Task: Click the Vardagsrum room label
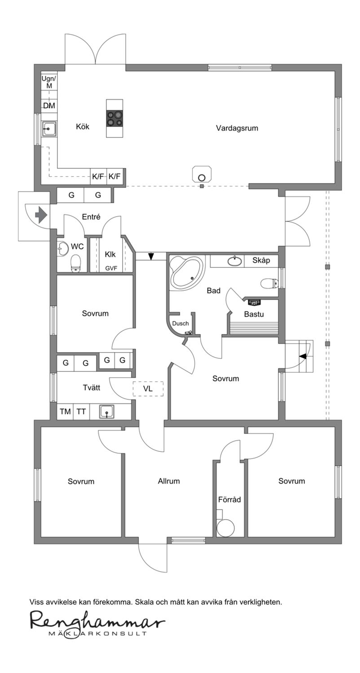coord(237,128)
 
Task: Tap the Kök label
coord(83,127)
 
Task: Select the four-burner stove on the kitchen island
coord(114,118)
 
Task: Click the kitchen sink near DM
coord(48,129)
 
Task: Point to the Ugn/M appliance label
coord(48,82)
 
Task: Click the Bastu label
coord(254,314)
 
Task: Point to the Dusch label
coord(180,323)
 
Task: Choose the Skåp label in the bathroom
coord(261,260)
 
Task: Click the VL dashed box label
coord(148,389)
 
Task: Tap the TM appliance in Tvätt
coord(66,411)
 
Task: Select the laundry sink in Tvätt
coord(106,411)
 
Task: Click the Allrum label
coord(169,481)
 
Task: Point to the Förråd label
coord(229,499)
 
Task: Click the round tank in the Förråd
coord(225,528)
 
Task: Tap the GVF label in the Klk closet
coord(110,268)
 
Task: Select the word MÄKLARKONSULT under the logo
coord(97,634)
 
